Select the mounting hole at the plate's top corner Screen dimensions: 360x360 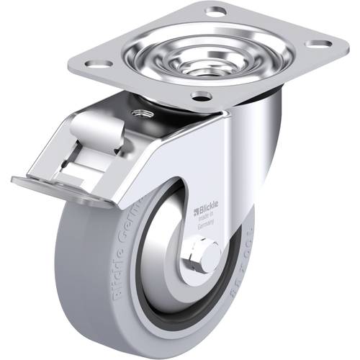pyautogui.click(x=215, y=12)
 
